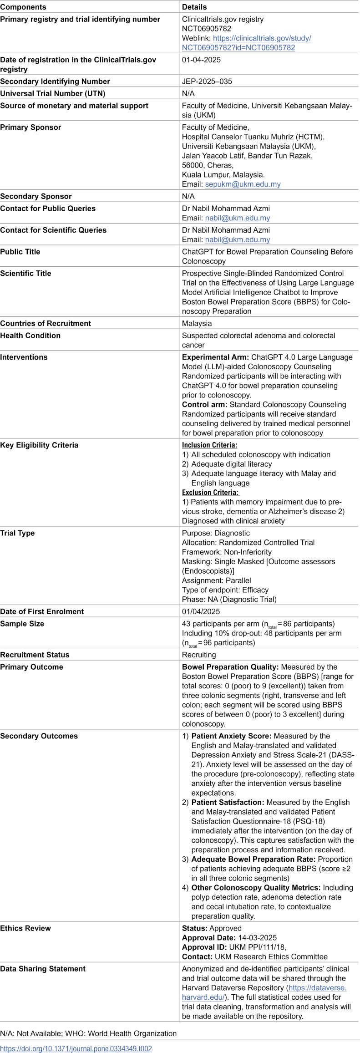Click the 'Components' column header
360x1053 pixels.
click(x=23, y=7)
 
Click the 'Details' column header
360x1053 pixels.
click(x=194, y=7)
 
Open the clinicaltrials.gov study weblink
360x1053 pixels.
click(x=246, y=43)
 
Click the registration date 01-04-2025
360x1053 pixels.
click(x=201, y=60)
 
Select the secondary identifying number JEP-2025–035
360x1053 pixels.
click(x=207, y=81)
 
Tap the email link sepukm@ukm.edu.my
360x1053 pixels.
click(x=243, y=184)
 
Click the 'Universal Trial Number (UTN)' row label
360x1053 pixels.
click(x=53, y=93)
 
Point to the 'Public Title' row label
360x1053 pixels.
click(x=20, y=252)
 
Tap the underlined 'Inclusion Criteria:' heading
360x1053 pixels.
click(x=209, y=445)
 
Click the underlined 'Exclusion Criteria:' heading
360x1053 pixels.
click(x=210, y=493)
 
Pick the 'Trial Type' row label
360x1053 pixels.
click(x=17, y=533)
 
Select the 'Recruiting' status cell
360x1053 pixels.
click(x=199, y=655)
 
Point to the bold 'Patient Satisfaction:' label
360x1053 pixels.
click(x=228, y=803)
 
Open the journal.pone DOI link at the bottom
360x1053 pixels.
click(x=76, y=1048)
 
